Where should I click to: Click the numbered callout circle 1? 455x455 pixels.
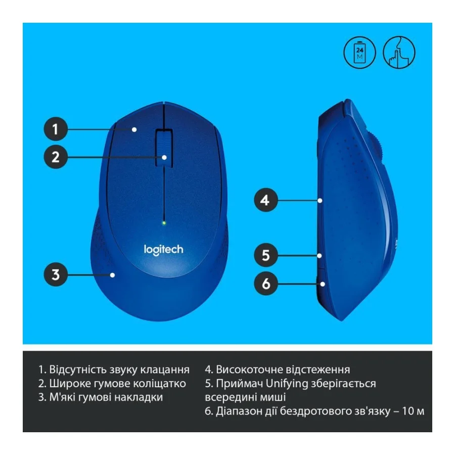(x=56, y=129)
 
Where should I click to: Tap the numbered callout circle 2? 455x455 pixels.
(x=56, y=157)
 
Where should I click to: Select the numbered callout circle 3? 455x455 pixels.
(x=56, y=275)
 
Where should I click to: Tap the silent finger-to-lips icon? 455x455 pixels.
(x=399, y=53)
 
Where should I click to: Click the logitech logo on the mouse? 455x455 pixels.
(x=164, y=249)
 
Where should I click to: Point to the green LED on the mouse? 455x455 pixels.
(x=164, y=222)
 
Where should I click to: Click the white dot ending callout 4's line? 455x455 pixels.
(x=321, y=201)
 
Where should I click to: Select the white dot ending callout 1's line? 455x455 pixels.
(x=134, y=129)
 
